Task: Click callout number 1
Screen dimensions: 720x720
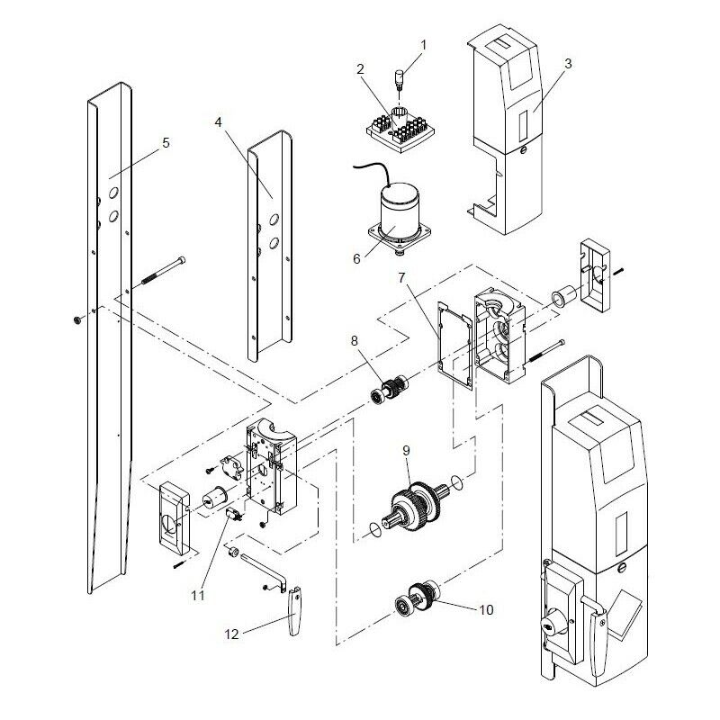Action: click(x=424, y=43)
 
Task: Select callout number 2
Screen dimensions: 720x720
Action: click(x=359, y=68)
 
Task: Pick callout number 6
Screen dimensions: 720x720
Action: click(x=356, y=258)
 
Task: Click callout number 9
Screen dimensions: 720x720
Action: click(x=406, y=449)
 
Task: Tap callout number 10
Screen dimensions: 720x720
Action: click(x=486, y=609)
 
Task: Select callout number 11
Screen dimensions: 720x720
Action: click(x=197, y=595)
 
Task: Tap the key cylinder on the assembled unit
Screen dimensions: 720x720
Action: click(x=549, y=625)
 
